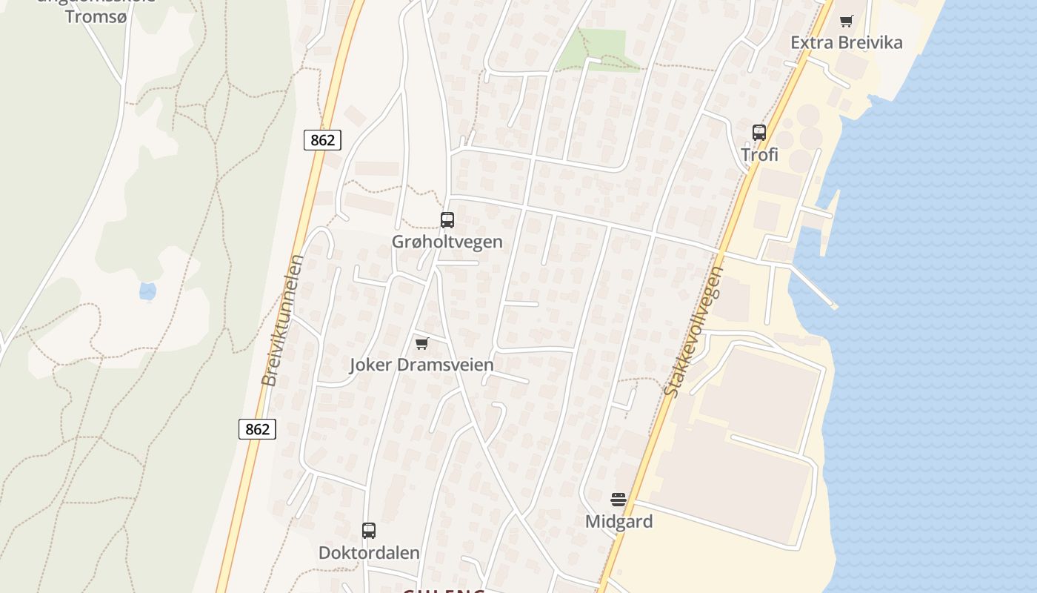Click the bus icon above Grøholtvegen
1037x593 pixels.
click(x=447, y=219)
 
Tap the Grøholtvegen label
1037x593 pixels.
click(x=447, y=242)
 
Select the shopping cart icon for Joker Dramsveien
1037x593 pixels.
click(x=422, y=343)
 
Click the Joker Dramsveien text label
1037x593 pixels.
click(x=421, y=365)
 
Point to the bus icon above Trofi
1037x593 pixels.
click(x=759, y=133)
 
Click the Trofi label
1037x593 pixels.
click(x=760, y=155)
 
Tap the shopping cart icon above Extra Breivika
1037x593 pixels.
click(x=846, y=21)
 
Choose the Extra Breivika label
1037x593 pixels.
click(x=847, y=42)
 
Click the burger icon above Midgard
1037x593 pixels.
click(x=618, y=500)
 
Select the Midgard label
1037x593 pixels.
click(x=619, y=521)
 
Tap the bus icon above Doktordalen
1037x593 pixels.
click(x=369, y=531)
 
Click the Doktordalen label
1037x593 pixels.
click(x=369, y=553)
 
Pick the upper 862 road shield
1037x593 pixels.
click(x=322, y=140)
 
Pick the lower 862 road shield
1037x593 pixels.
click(x=257, y=429)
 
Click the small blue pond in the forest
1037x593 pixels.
click(x=148, y=291)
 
